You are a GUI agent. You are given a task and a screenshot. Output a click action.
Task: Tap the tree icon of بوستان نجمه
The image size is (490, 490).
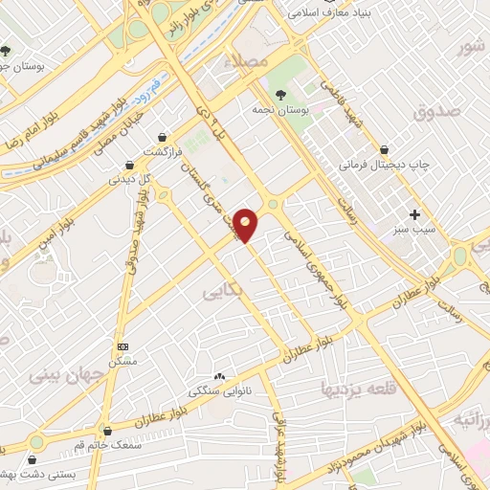coord(280,94)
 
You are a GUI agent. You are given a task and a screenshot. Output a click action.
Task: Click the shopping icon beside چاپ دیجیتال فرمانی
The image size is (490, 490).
coord(384,149)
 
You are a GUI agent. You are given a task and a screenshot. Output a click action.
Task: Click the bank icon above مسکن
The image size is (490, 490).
coord(122,346)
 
